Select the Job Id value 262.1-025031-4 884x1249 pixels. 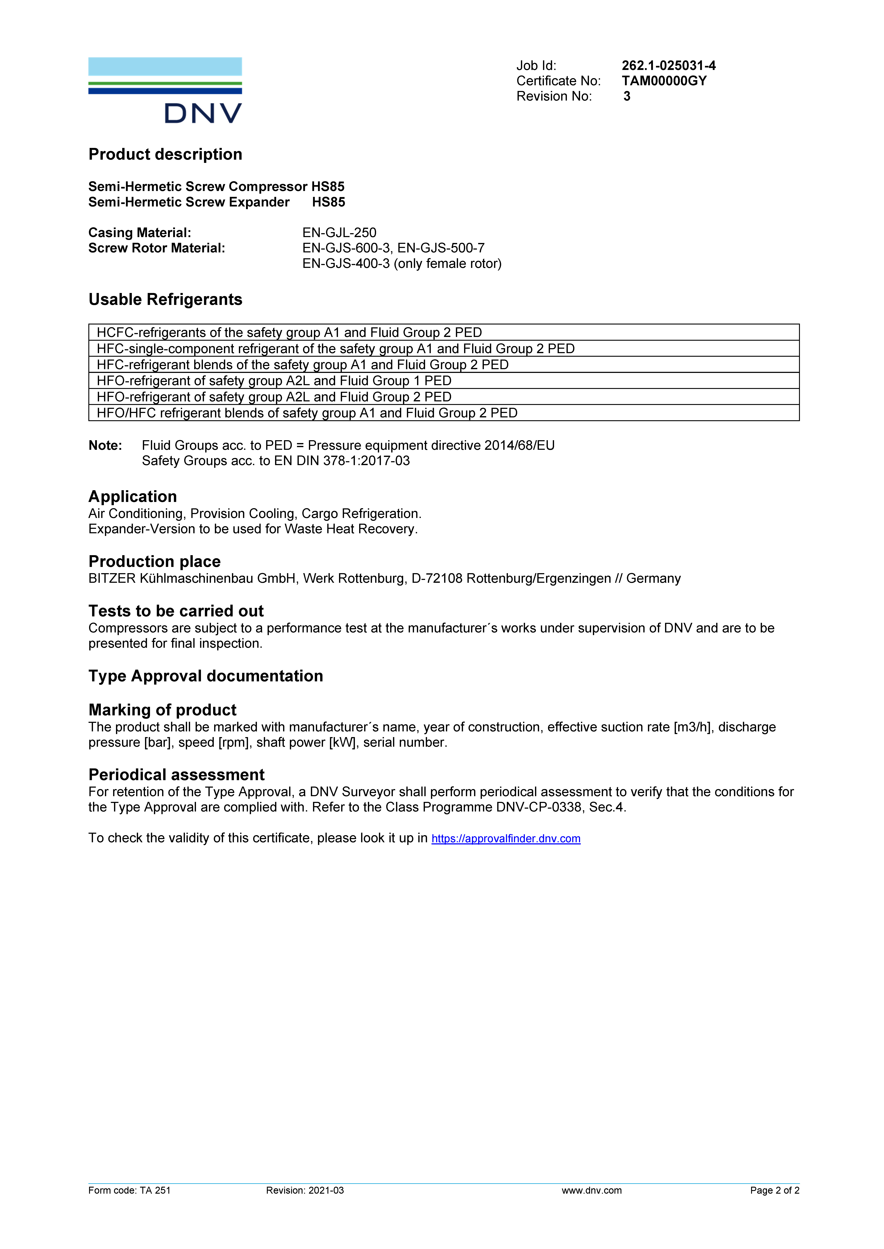tap(668, 66)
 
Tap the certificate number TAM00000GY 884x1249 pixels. tap(664, 81)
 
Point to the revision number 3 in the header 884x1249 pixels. tap(627, 96)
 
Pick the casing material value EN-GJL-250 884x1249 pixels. tap(339, 233)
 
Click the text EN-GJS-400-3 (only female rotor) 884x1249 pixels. tap(402, 264)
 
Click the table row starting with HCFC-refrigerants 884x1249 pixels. tap(289, 332)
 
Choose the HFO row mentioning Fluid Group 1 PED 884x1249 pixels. tap(274, 381)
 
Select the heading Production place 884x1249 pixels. tap(155, 561)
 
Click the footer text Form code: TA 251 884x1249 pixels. tap(130, 1190)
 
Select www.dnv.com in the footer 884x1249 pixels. tap(592, 1190)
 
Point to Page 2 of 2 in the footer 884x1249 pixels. tap(775, 1190)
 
